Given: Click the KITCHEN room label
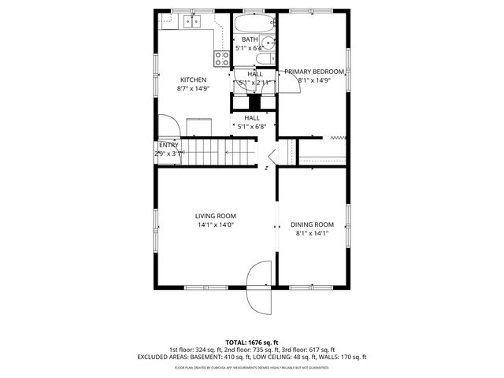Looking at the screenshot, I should click(x=194, y=80).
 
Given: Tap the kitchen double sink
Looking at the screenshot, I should click(x=192, y=22).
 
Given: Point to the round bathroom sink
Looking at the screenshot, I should click(x=269, y=43).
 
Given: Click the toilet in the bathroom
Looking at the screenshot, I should click(x=270, y=58).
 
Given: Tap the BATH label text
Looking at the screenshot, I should click(x=250, y=39).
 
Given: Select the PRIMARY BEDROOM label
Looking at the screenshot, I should click(x=314, y=71).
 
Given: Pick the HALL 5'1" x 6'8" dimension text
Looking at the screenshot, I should click(x=251, y=126).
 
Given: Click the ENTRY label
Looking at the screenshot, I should click(x=169, y=145).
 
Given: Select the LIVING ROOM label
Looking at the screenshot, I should click(x=215, y=216).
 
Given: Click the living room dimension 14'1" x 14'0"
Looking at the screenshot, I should click(x=215, y=225).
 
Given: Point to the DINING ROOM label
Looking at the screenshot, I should click(x=312, y=224).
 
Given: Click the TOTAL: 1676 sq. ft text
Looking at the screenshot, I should click(x=251, y=343).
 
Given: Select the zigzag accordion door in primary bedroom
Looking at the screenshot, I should click(x=338, y=137).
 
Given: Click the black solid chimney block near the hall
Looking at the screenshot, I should click(x=254, y=102).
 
